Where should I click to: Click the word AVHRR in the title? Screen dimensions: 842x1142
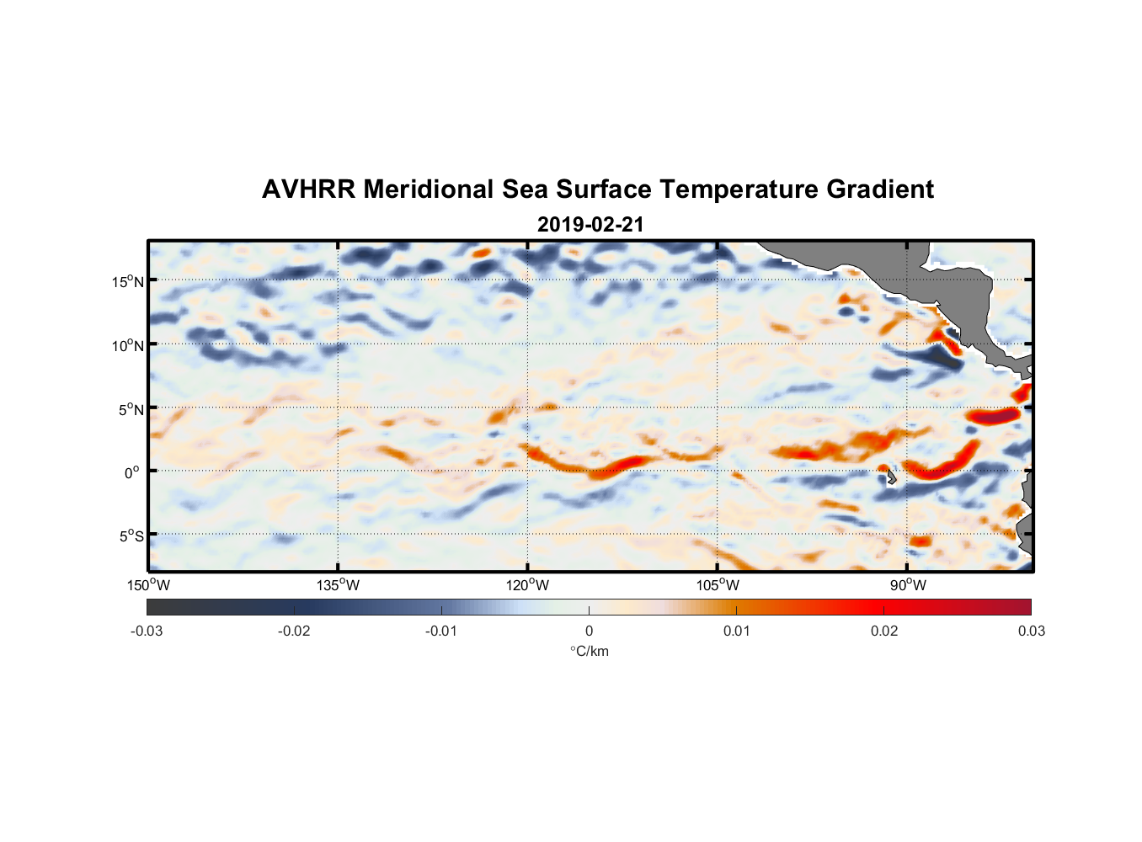(308, 189)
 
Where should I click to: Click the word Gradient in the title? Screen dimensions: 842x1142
(879, 189)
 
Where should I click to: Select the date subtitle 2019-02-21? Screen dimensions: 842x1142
(590, 225)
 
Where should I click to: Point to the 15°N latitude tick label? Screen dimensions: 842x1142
(127, 281)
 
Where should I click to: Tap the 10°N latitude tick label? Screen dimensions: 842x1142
(127, 345)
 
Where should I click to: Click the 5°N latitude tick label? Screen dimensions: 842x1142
(131, 409)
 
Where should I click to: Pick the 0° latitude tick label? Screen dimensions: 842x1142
(132, 472)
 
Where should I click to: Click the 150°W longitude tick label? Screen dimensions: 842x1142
(148, 585)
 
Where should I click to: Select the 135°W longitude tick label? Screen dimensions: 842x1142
(338, 585)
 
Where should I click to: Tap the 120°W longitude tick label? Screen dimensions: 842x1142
(527, 585)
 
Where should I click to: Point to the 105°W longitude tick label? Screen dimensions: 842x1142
(718, 585)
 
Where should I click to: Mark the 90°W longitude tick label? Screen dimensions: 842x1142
(907, 585)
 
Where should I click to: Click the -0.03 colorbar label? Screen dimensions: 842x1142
(147, 631)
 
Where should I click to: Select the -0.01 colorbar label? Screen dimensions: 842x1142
(441, 631)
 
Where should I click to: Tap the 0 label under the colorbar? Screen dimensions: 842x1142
(589, 631)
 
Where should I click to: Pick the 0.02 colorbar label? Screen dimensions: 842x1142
(883, 631)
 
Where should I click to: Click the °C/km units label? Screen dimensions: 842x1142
(589, 651)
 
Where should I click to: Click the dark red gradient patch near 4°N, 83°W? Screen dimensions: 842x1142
(994, 416)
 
